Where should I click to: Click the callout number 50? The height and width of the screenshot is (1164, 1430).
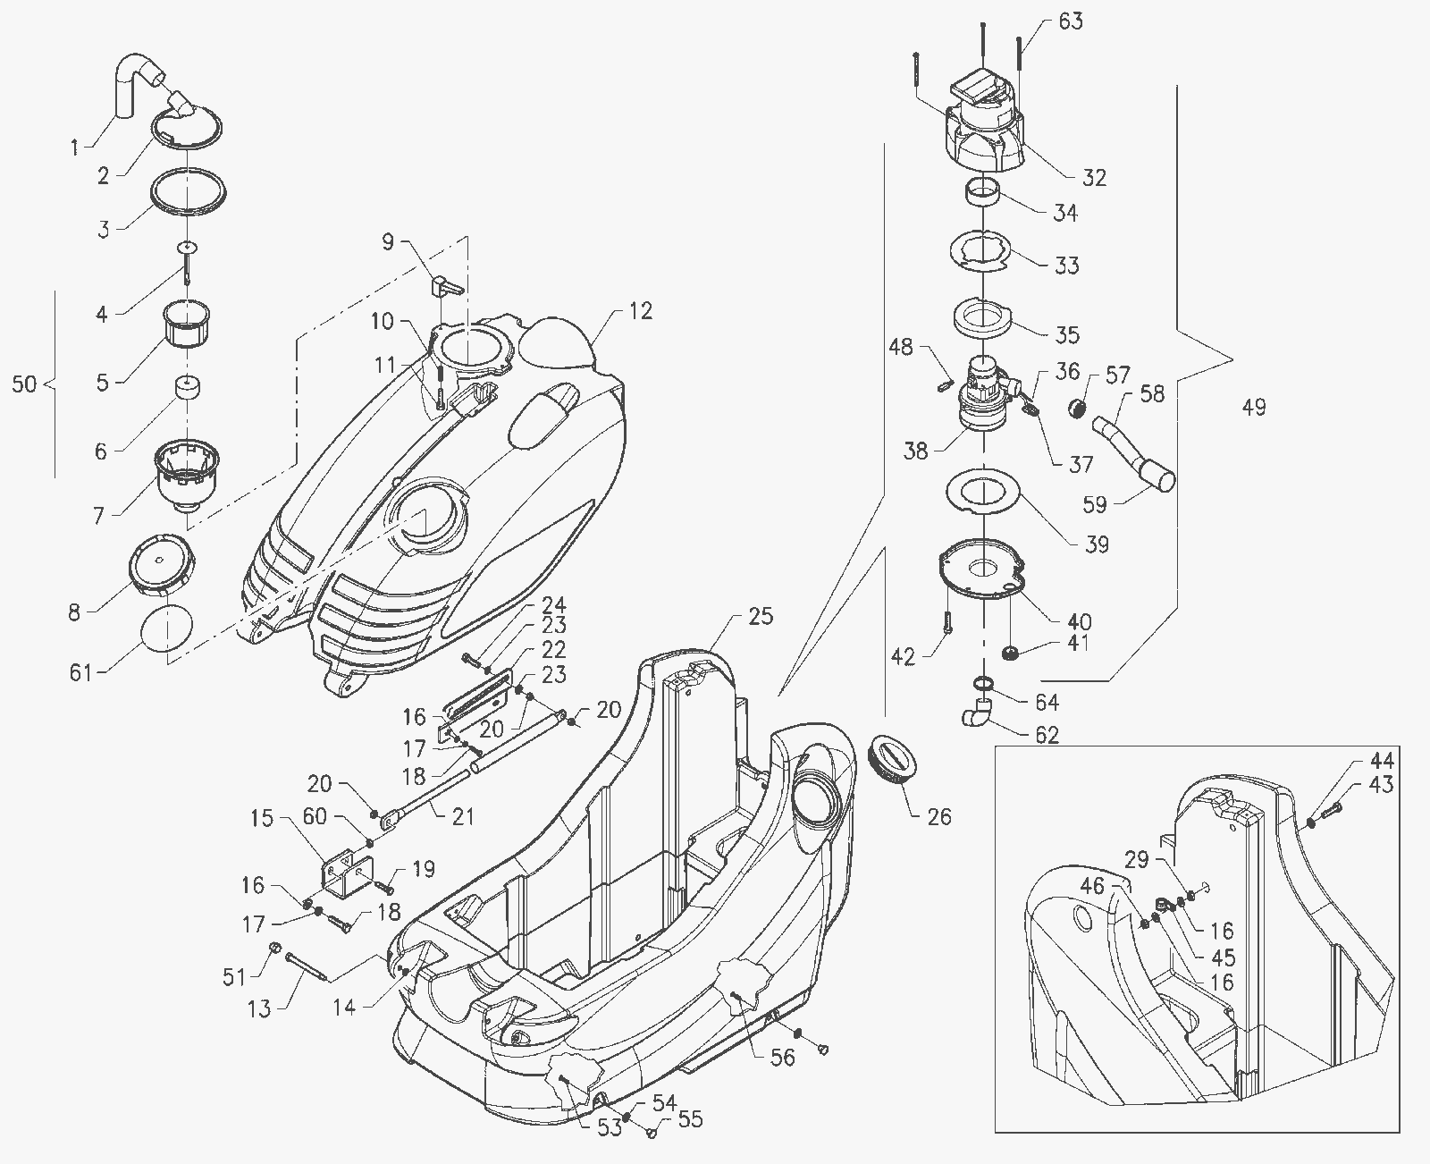24,384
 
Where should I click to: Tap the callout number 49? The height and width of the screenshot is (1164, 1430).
1254,407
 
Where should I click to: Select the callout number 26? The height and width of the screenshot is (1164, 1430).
939,816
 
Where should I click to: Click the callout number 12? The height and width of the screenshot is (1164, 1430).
641,310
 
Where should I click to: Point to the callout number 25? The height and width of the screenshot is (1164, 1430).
761,616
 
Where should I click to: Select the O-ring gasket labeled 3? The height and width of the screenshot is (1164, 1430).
188,193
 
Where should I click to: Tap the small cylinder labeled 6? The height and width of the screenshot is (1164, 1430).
188,387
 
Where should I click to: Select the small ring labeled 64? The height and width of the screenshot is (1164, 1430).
983,683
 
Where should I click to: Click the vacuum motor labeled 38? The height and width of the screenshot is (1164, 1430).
985,393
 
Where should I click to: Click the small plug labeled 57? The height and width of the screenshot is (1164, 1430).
1076,407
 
